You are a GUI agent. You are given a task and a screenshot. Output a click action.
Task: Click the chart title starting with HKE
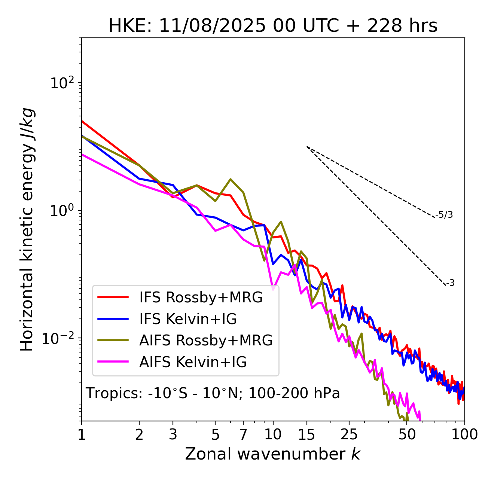(x=273, y=26)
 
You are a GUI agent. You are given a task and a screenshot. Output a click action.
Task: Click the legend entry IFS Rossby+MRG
(x=201, y=297)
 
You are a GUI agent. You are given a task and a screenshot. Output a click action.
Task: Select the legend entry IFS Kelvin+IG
(x=188, y=319)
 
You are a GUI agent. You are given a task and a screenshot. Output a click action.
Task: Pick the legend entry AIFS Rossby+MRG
(x=206, y=340)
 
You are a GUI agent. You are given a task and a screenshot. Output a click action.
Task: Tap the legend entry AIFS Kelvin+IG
(x=193, y=362)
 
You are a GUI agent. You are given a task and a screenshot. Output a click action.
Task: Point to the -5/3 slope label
(x=444, y=215)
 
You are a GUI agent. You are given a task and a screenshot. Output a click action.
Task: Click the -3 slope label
(x=450, y=283)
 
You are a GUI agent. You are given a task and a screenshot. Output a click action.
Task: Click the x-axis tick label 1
(x=82, y=434)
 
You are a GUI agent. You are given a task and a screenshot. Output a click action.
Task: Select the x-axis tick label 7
(x=243, y=434)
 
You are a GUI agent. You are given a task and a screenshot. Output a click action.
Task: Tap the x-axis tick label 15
(x=306, y=434)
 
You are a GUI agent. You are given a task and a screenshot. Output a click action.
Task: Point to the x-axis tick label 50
(x=407, y=434)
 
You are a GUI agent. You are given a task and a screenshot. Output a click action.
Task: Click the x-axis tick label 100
(x=464, y=434)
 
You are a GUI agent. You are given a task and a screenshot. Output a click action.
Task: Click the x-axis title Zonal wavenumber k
(x=273, y=454)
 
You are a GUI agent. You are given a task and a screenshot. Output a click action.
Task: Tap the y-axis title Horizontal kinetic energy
(x=27, y=229)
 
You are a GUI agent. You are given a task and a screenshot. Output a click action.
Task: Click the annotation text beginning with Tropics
(x=213, y=393)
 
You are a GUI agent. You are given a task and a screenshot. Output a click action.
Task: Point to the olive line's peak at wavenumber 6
(x=231, y=179)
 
